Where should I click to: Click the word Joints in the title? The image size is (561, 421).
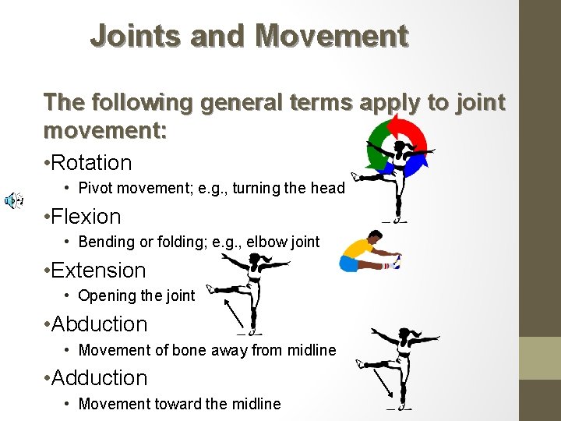pos(129,36)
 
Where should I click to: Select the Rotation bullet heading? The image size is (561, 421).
pos(93,163)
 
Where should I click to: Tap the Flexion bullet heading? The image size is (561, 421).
pos(88,217)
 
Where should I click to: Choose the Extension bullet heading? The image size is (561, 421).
pos(100,271)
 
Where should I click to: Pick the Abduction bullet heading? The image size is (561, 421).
pos(101,324)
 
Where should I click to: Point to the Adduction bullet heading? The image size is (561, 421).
pos(101,378)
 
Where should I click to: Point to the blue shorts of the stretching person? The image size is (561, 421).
pos(348,264)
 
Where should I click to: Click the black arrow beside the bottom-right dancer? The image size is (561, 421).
pos(382,382)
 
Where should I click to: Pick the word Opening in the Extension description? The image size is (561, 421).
pos(106,295)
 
